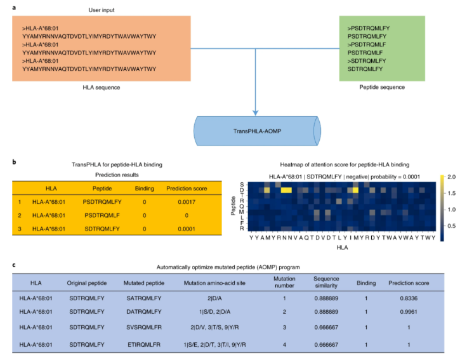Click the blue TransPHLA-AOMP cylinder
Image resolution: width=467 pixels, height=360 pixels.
click(x=258, y=131)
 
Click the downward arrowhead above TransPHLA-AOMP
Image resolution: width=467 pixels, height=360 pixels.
click(x=255, y=113)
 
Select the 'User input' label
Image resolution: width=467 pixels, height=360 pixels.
click(x=102, y=10)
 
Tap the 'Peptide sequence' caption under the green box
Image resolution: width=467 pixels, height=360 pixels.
click(x=382, y=88)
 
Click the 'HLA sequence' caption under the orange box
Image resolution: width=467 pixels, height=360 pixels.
click(x=102, y=88)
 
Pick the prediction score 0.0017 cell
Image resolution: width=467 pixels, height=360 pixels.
click(x=187, y=202)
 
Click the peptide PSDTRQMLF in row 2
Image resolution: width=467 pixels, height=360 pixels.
click(x=102, y=215)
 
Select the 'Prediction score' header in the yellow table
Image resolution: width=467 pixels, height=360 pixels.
click(x=187, y=189)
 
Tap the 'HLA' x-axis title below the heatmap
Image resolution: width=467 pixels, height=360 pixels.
click(x=342, y=248)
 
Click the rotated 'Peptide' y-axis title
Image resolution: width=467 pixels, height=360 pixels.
click(x=233, y=205)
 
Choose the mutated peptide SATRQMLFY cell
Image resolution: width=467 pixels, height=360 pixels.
click(x=144, y=298)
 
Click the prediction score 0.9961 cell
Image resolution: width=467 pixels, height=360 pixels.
click(x=409, y=312)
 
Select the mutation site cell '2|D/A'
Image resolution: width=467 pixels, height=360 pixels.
click(x=214, y=298)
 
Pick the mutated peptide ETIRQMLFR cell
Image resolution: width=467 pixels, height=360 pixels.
click(x=144, y=345)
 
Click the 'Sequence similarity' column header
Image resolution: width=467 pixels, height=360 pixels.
click(x=326, y=282)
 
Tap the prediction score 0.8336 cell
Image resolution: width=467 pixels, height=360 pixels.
click(x=409, y=298)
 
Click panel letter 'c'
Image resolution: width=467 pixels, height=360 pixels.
click(x=14, y=265)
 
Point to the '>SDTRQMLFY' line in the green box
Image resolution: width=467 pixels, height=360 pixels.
click(x=367, y=61)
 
